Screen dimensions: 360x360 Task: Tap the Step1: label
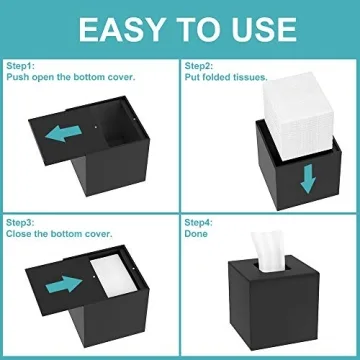pos(21,66)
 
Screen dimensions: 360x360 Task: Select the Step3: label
pos(21,223)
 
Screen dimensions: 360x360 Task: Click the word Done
pos(196,234)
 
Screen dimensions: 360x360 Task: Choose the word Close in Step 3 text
pos(17,235)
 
